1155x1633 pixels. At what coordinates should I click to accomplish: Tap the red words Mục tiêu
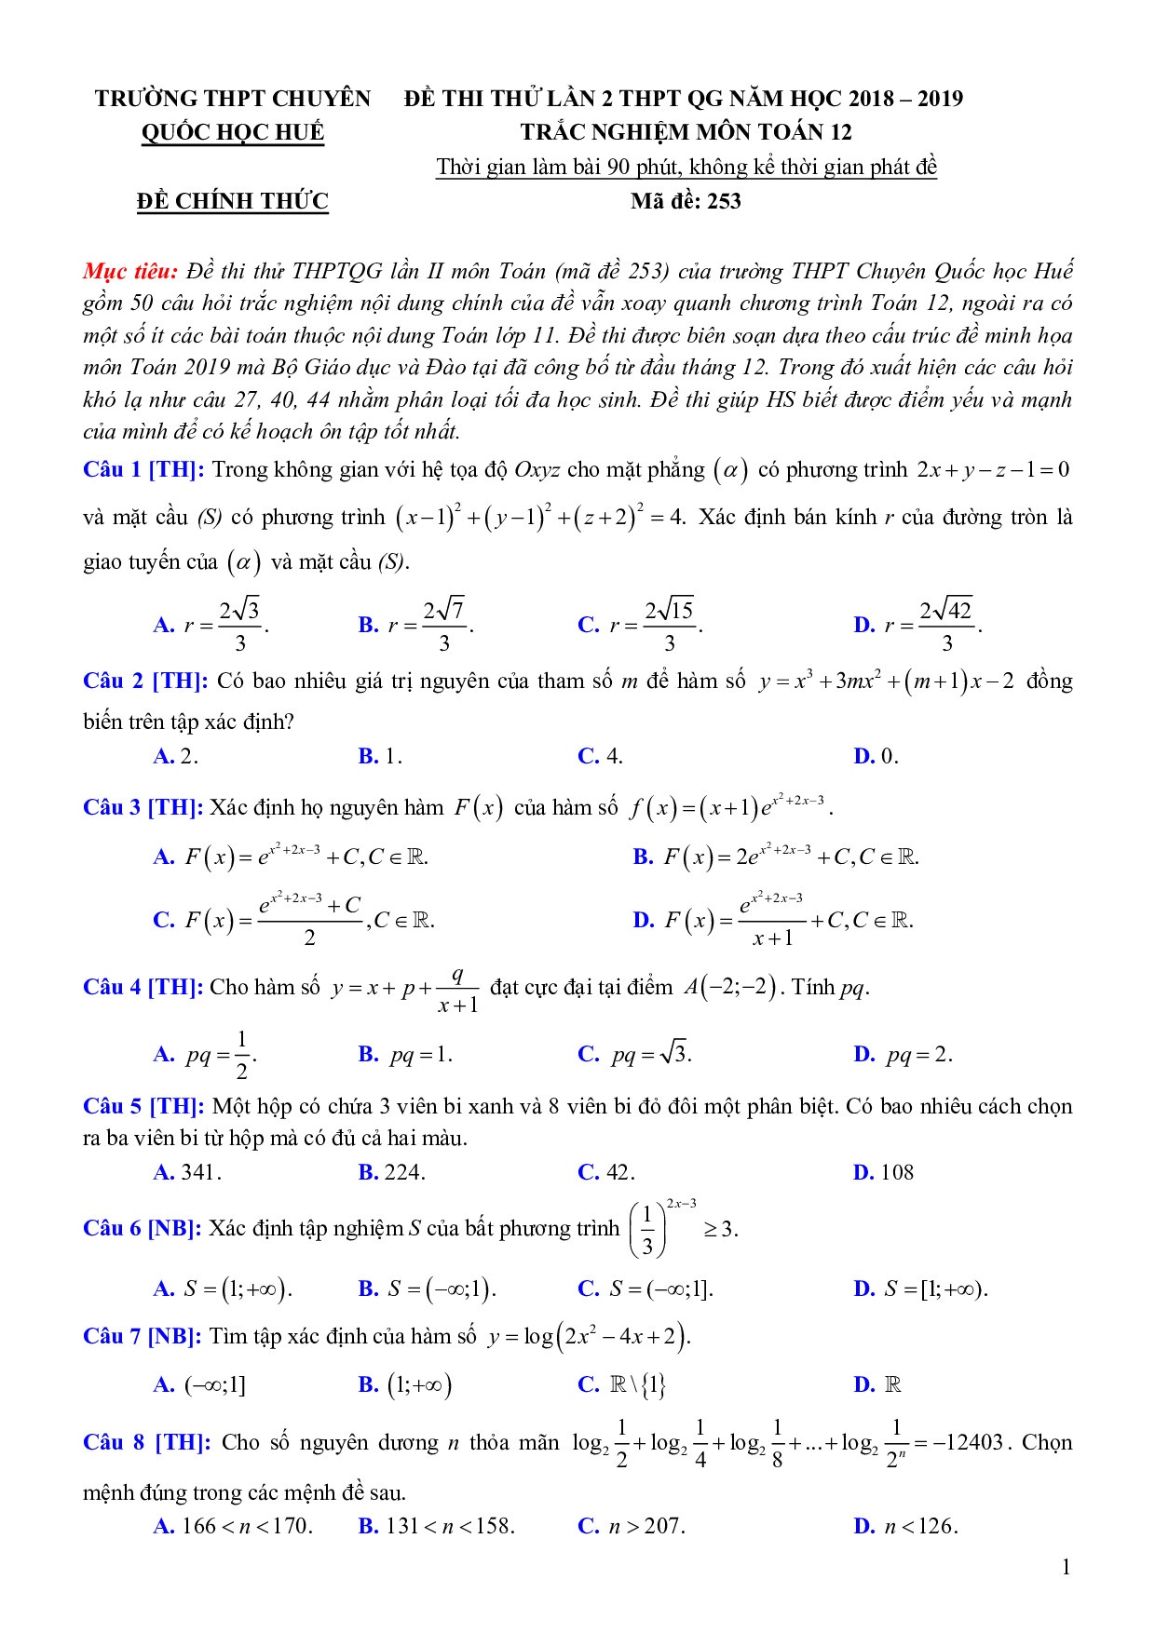(129, 271)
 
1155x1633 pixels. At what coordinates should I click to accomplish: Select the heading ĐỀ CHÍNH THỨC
(232, 201)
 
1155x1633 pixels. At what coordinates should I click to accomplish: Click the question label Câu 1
(112, 469)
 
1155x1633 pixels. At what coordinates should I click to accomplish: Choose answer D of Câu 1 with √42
(917, 625)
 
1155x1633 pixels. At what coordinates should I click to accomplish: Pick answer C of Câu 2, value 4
(601, 756)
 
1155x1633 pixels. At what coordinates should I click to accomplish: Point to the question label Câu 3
(112, 807)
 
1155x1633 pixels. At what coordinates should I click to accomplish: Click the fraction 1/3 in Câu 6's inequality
(647, 1231)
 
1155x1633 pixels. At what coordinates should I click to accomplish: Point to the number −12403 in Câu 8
(968, 1443)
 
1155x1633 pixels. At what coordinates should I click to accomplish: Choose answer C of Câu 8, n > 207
(632, 1526)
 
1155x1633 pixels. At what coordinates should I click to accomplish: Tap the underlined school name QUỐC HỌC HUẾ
(233, 132)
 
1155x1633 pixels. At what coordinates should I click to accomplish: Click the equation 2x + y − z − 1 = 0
(993, 469)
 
